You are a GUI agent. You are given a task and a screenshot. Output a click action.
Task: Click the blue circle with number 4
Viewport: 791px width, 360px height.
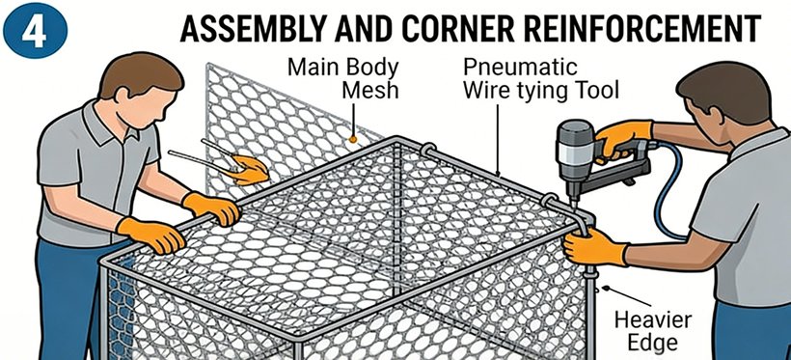pyautogui.click(x=35, y=30)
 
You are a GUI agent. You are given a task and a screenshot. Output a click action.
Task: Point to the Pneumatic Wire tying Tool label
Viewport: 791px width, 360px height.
pyautogui.click(x=540, y=79)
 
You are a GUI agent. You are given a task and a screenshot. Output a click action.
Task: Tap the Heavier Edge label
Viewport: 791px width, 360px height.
pyautogui.click(x=653, y=331)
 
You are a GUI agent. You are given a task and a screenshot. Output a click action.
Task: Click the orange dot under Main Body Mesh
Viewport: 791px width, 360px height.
pyautogui.click(x=353, y=138)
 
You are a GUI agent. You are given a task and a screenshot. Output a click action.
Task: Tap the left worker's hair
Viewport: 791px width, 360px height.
pyautogui.click(x=141, y=74)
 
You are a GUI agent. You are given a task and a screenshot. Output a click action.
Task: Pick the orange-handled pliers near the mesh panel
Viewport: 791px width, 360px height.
pyautogui.click(x=222, y=161)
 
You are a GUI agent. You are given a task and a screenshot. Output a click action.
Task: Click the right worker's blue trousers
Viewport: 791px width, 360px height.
pyautogui.click(x=750, y=331)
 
